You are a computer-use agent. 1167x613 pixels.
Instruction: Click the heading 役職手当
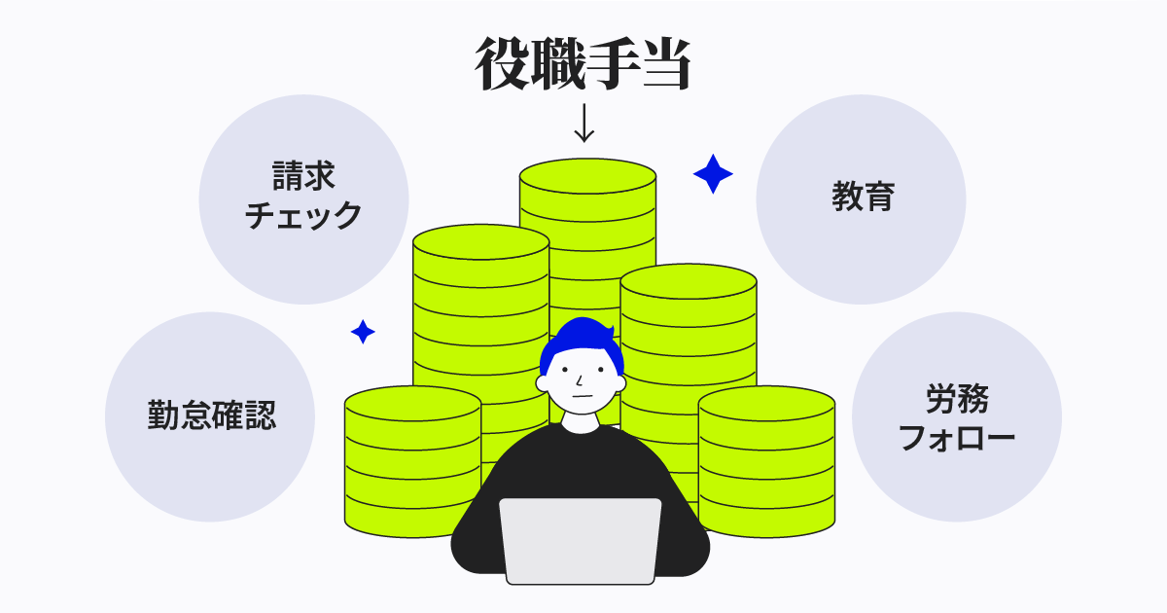(583, 63)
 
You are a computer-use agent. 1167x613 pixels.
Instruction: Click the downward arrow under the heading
(584, 123)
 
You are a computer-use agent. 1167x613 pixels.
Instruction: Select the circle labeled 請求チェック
(303, 199)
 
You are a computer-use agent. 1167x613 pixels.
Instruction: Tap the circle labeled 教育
(861, 199)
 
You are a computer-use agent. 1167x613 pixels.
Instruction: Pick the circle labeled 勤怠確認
(210, 416)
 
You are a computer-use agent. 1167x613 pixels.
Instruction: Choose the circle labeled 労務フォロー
(957, 416)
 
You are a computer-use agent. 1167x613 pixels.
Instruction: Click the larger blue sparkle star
(713, 173)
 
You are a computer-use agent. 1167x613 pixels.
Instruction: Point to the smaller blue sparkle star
(363, 332)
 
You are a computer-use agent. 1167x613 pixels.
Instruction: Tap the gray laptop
(581, 541)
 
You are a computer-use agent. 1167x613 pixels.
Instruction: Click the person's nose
(579, 380)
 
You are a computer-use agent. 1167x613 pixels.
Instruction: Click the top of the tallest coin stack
(587, 176)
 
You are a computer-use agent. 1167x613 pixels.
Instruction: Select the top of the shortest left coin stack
(412, 404)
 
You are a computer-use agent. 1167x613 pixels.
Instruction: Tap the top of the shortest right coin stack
(766, 404)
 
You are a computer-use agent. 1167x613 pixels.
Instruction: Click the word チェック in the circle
(303, 215)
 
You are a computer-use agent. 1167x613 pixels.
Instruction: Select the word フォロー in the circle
(957, 437)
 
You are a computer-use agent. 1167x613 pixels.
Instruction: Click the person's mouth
(582, 396)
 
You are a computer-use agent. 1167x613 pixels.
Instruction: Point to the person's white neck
(581, 422)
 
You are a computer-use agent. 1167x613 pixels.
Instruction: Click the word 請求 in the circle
(303, 176)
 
